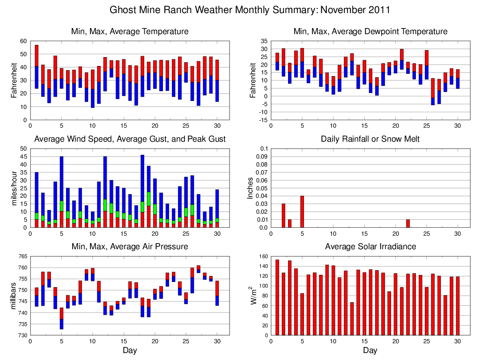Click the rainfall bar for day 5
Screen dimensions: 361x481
pyautogui.click(x=302, y=212)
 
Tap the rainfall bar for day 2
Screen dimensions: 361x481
pyautogui.click(x=283, y=216)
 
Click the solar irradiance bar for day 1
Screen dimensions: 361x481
pyautogui.click(x=277, y=297)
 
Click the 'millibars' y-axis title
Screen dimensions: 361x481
pyautogui.click(x=13, y=296)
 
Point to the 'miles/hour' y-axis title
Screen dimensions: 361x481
pyautogui.click(x=13, y=188)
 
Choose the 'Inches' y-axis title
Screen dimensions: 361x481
pyautogui.click(x=250, y=188)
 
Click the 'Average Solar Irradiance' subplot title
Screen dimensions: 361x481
pyautogui.click(x=370, y=246)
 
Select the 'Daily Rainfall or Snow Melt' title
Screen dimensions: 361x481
pyautogui.click(x=370, y=139)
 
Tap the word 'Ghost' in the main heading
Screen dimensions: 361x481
pyautogui.click(x=123, y=10)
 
